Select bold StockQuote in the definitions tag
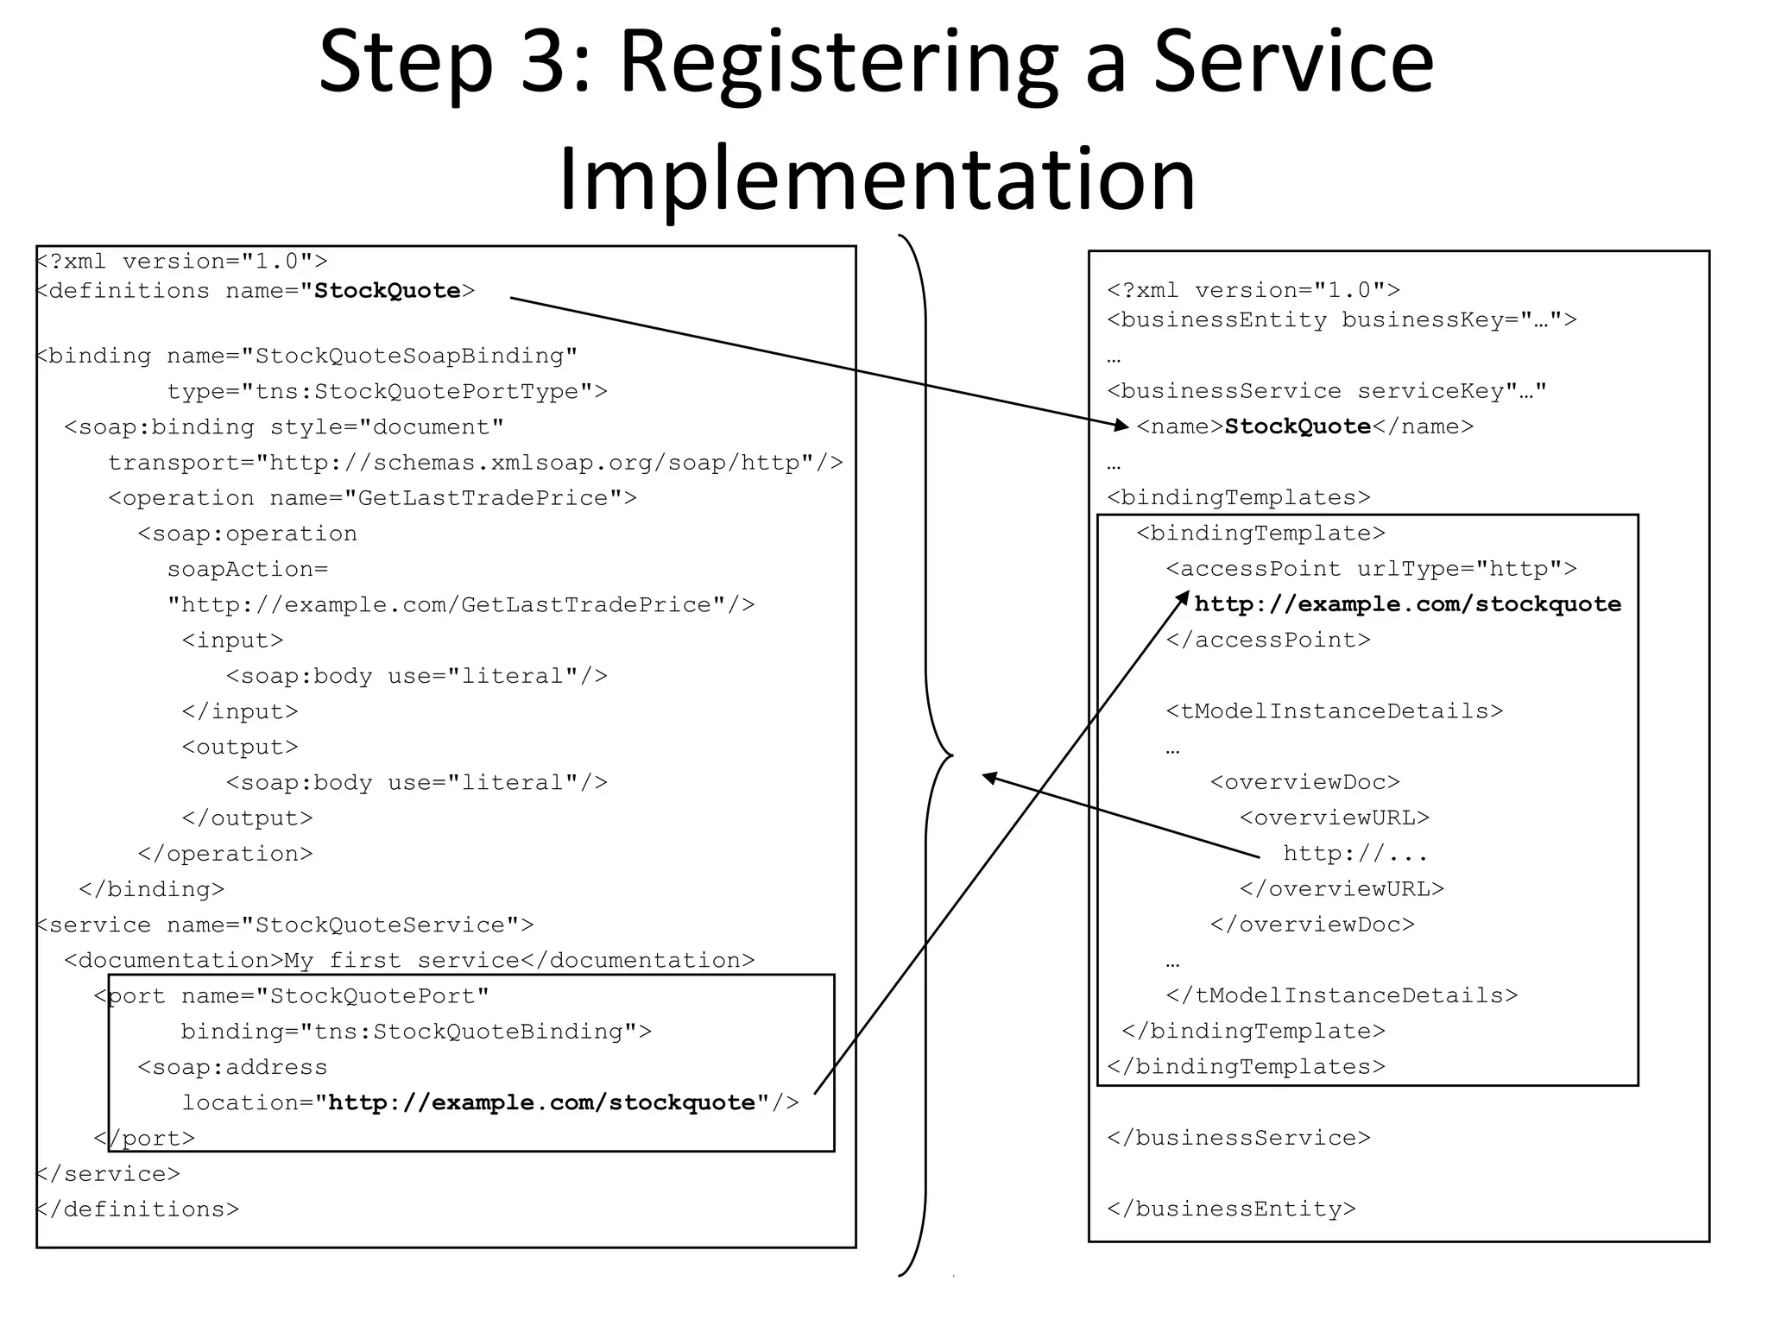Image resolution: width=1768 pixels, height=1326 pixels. pyautogui.click(x=387, y=291)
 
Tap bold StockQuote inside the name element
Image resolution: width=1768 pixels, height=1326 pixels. pyautogui.click(x=1298, y=426)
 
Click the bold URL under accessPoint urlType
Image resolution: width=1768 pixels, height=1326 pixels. pyautogui.click(x=1407, y=604)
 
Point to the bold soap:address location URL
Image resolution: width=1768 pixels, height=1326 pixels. pyautogui.click(x=542, y=1103)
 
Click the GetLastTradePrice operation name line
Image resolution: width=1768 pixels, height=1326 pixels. pyautogui.click(x=372, y=498)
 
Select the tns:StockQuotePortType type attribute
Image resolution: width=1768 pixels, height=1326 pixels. pyautogui.click(x=387, y=392)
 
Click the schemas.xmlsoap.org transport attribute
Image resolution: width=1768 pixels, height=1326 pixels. pyautogui.click(x=475, y=463)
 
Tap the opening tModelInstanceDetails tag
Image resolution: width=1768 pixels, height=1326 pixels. pyautogui.click(x=1334, y=711)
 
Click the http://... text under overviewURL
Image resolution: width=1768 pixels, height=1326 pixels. pyautogui.click(x=1354, y=854)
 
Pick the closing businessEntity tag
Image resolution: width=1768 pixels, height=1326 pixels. pyautogui.click(x=1231, y=1209)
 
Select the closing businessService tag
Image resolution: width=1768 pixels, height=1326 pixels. pyautogui.click(x=1238, y=1138)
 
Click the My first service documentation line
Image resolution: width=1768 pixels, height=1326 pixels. pyautogui.click(x=409, y=961)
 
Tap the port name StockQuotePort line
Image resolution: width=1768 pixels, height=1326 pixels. pyautogui.click(x=292, y=996)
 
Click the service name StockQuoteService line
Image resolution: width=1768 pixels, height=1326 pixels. pyautogui.click(x=285, y=925)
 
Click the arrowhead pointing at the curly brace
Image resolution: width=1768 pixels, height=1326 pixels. pyautogui.click(x=990, y=777)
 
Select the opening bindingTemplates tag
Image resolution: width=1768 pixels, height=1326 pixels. pyautogui.click(x=1238, y=498)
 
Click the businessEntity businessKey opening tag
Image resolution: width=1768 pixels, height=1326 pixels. pyautogui.click(x=1341, y=320)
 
